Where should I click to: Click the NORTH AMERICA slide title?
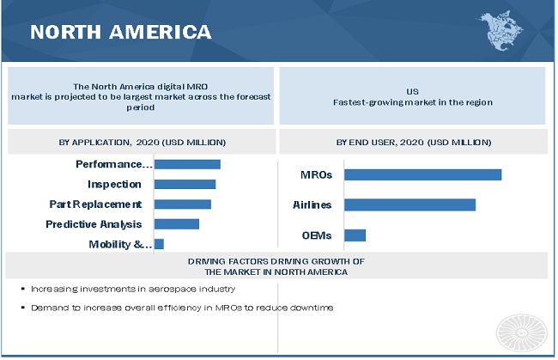120,32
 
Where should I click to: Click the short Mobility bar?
159,244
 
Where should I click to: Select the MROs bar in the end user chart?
422,174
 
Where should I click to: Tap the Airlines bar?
409,204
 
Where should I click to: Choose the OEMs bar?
355,235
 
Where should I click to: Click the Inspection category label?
114,184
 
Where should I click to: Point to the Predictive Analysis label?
94,224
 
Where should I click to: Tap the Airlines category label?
312,204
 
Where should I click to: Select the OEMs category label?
317,235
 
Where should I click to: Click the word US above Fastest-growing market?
412,90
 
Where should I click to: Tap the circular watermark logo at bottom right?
520,330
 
